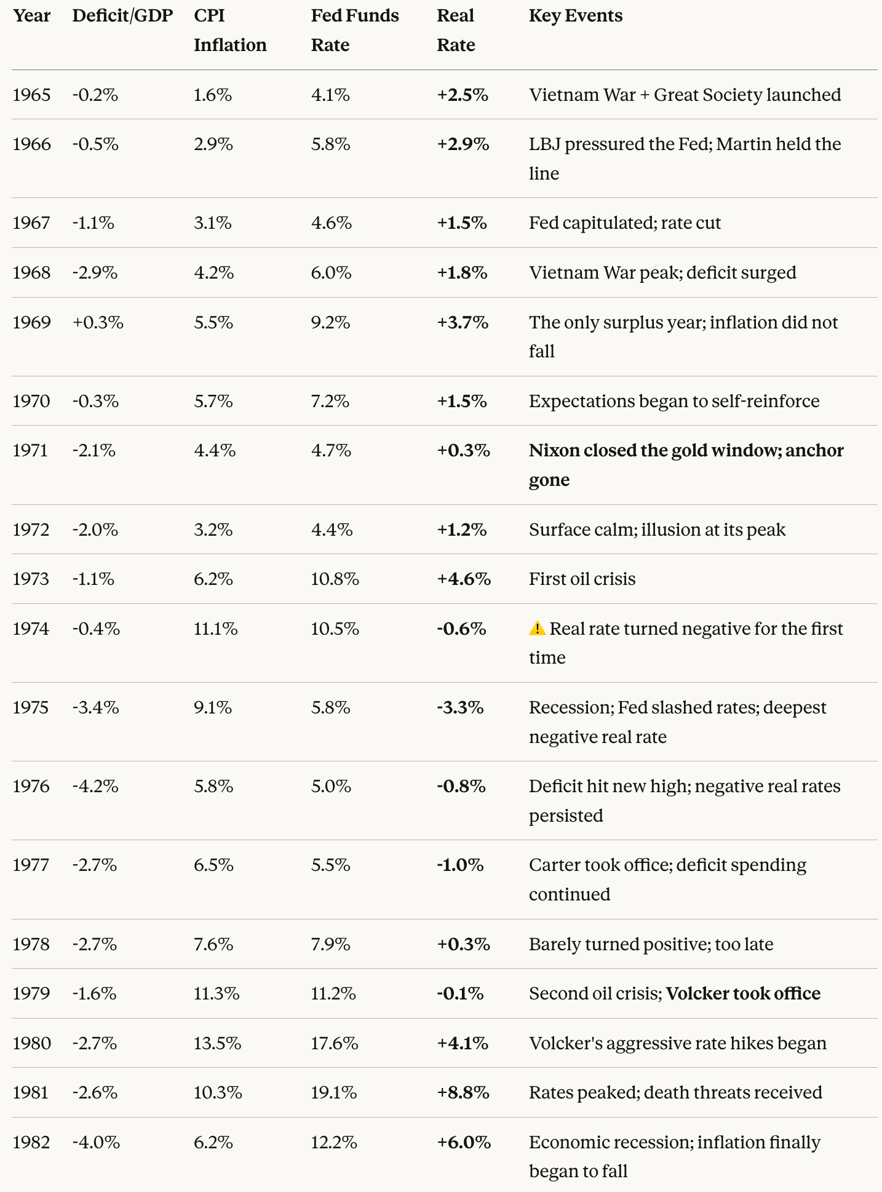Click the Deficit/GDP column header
pyautogui.click(x=122, y=16)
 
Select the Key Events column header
pyautogui.click(x=575, y=16)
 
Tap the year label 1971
pyautogui.click(x=30, y=451)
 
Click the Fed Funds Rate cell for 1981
pyautogui.click(x=333, y=1092)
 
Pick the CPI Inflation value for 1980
pyautogui.click(x=217, y=1043)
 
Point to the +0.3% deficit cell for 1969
pyautogui.click(x=98, y=322)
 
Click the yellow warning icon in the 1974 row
pyautogui.click(x=537, y=628)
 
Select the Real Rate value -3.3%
pyautogui.click(x=460, y=707)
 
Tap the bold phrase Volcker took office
pyautogui.click(x=743, y=993)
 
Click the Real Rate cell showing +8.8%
pyautogui.click(x=463, y=1092)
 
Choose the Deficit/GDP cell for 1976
pyautogui.click(x=95, y=786)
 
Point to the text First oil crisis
pyautogui.click(x=582, y=579)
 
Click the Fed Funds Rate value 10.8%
pyautogui.click(x=335, y=579)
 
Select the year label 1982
pyautogui.click(x=31, y=1142)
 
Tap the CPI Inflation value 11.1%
pyautogui.click(x=215, y=629)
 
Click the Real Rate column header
pyautogui.click(x=456, y=30)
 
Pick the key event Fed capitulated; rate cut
pyautogui.click(x=624, y=223)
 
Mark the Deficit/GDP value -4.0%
pyautogui.click(x=96, y=1142)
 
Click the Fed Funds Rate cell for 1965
pyautogui.click(x=330, y=95)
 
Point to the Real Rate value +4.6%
pyautogui.click(x=464, y=579)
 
